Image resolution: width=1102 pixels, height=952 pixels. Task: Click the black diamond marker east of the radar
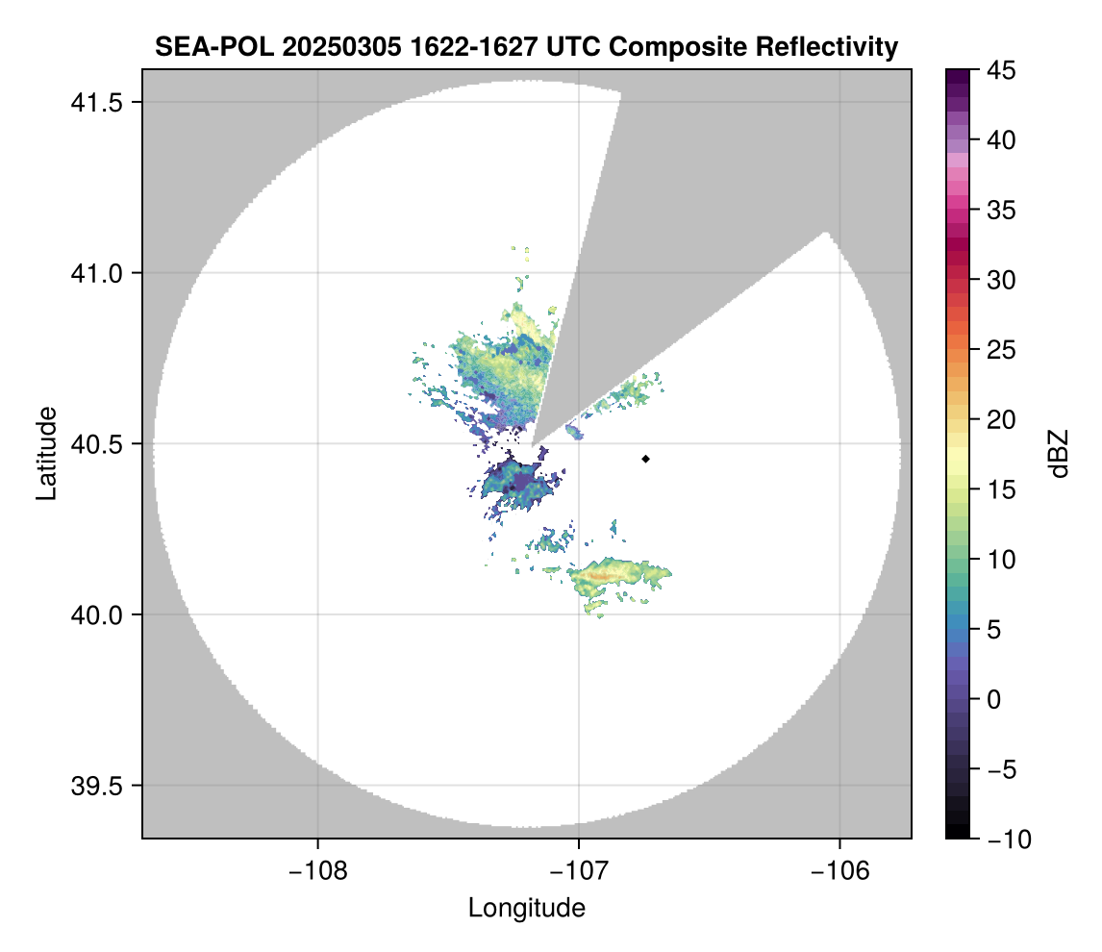coord(645,459)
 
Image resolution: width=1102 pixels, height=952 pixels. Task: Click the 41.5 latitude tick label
coord(96,103)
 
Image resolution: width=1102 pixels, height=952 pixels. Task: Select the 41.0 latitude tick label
coord(96,273)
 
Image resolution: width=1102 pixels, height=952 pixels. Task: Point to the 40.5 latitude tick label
coord(96,444)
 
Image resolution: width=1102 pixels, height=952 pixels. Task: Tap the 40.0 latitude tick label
coord(96,614)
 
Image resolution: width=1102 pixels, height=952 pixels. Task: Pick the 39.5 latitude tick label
coord(96,786)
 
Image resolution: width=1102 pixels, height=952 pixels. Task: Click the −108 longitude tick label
coord(317,871)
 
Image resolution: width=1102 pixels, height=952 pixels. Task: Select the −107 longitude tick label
coord(579,871)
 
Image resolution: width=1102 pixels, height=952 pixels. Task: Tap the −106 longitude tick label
coord(839,871)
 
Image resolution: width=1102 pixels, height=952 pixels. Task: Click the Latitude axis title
coord(46,453)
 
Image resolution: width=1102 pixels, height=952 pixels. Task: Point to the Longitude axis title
coord(526,908)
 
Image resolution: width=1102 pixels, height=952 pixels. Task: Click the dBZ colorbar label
coord(1059,454)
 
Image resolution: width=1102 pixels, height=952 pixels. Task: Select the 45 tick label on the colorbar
coord(1001,70)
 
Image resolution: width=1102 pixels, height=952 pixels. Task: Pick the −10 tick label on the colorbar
coord(1009,839)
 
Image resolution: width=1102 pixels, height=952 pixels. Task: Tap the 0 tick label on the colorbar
coord(993,699)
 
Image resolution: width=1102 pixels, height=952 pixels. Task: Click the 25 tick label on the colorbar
coord(1001,350)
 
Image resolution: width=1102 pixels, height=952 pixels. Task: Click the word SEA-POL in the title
coord(214,47)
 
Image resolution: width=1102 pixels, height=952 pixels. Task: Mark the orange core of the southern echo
coord(603,575)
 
